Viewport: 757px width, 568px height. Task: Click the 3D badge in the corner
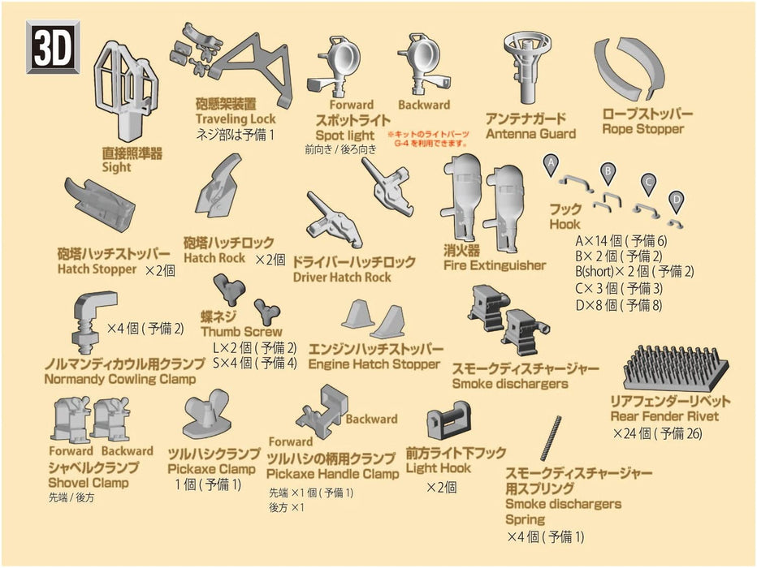[54, 48]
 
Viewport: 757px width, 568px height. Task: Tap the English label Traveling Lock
[236, 119]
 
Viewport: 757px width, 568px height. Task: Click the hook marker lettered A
[550, 164]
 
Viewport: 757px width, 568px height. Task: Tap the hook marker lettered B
[606, 170]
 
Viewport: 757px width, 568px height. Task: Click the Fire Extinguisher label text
[495, 265]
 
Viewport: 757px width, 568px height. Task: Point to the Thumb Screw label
[241, 331]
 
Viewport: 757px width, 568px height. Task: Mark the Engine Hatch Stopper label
[374, 364]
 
